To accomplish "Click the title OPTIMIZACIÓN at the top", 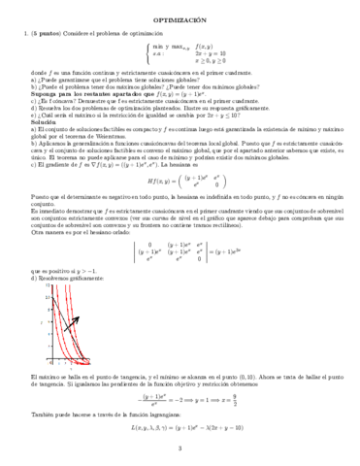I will pyautogui.click(x=180, y=19).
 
